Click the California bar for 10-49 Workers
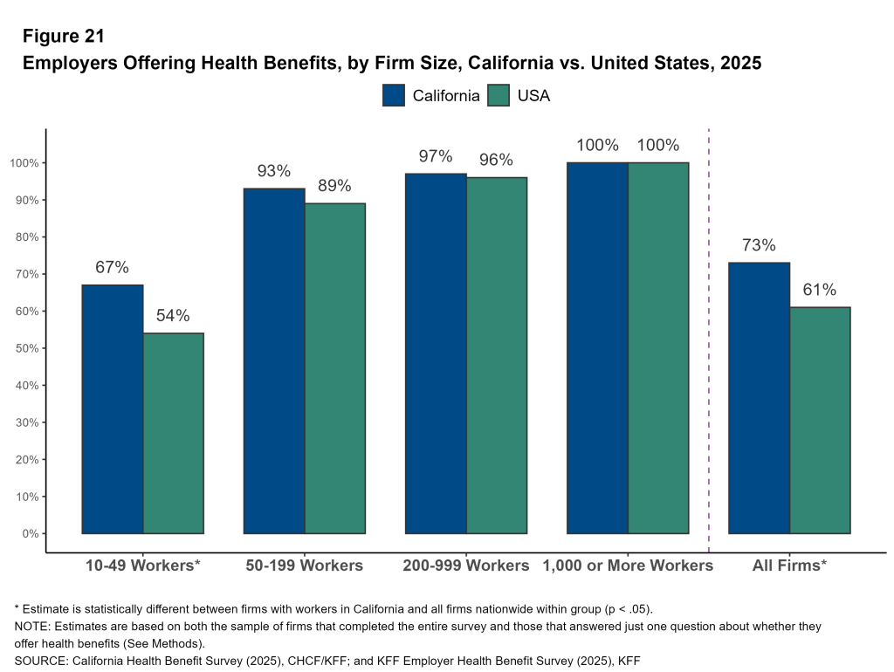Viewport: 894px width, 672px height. click(113, 409)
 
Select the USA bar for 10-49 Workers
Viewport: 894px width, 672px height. click(173, 433)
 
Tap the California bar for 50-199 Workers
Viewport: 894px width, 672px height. click(274, 361)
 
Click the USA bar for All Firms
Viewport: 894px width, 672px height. click(820, 420)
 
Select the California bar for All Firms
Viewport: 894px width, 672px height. click(759, 398)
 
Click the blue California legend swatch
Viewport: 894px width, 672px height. click(394, 95)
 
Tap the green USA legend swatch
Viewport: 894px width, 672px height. click(499, 95)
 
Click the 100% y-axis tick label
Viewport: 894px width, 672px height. click(23, 163)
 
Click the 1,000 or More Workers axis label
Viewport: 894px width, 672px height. click(628, 566)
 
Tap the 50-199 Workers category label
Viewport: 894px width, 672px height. click(304, 566)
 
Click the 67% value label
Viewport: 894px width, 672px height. click(112, 268)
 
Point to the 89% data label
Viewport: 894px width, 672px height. click(334, 186)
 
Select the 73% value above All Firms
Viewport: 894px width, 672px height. click(759, 245)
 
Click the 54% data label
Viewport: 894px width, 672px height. click(173, 316)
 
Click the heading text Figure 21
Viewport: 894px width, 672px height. click(63, 37)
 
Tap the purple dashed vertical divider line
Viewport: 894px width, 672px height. click(708, 349)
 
